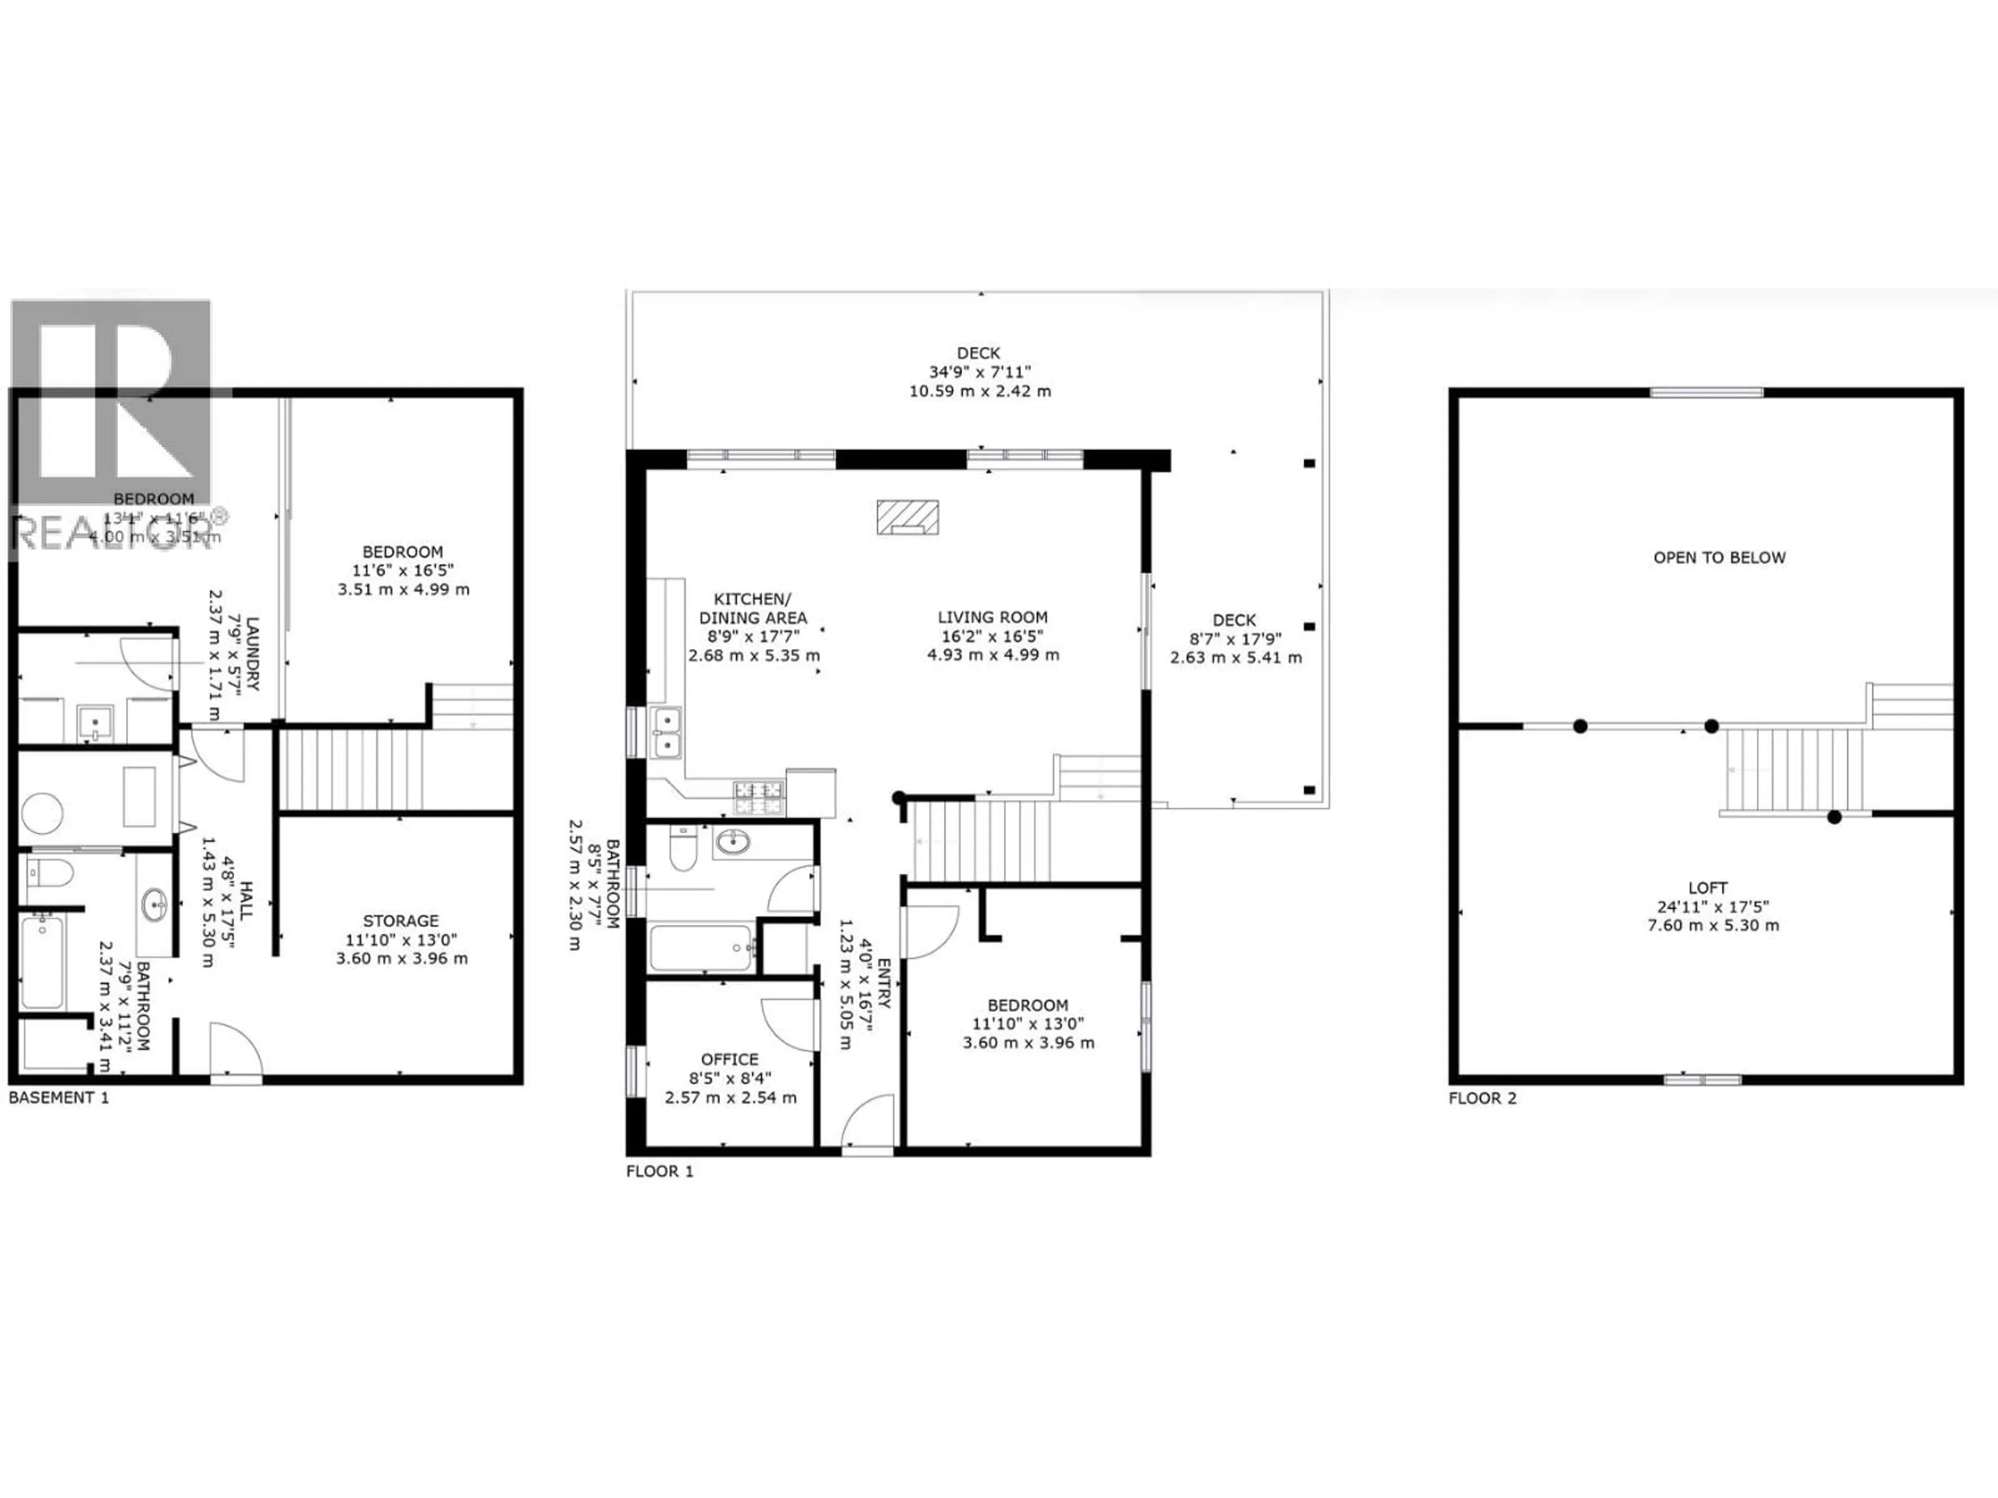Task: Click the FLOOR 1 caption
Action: point(659,1171)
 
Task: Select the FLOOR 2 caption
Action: point(1482,1098)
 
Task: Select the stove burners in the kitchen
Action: point(759,798)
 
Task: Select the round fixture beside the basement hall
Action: point(41,812)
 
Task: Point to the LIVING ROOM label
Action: point(992,617)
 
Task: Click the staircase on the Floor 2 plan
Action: point(1793,769)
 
